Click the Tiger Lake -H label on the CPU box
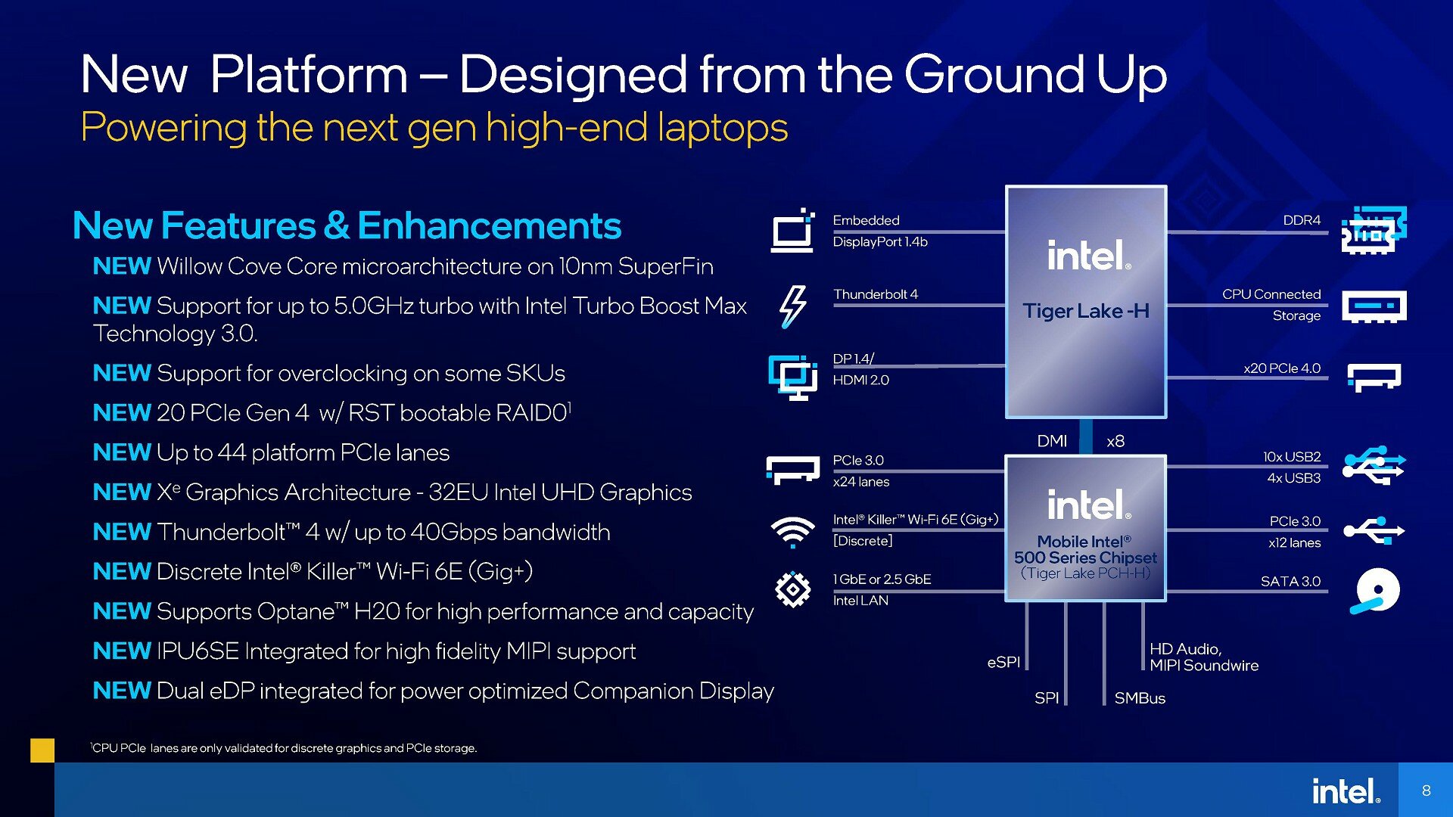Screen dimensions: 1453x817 pos(1086,311)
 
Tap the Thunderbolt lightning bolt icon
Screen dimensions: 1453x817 pos(792,306)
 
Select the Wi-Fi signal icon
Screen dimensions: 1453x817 pos(792,531)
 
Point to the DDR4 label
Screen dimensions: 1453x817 pos(1302,220)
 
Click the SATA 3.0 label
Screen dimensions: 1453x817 pos(1290,581)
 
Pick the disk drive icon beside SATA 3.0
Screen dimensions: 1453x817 pos(1375,591)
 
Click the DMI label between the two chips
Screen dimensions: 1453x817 pos(1052,441)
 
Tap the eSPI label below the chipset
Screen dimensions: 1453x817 pos(1003,663)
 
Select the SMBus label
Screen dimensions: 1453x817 pos(1140,698)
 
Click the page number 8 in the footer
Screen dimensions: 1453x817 pos(1426,791)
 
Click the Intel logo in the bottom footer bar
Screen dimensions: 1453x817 pos(1346,791)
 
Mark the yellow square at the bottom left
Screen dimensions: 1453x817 pos(42,750)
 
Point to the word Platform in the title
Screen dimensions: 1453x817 pos(309,74)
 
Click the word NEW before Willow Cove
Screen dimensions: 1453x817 pos(122,266)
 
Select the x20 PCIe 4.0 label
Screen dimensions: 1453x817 pos(1282,368)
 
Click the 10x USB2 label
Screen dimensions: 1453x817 pos(1292,457)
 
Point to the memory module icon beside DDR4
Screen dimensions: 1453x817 pos(1374,230)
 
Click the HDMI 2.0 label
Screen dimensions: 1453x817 pos(860,380)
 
